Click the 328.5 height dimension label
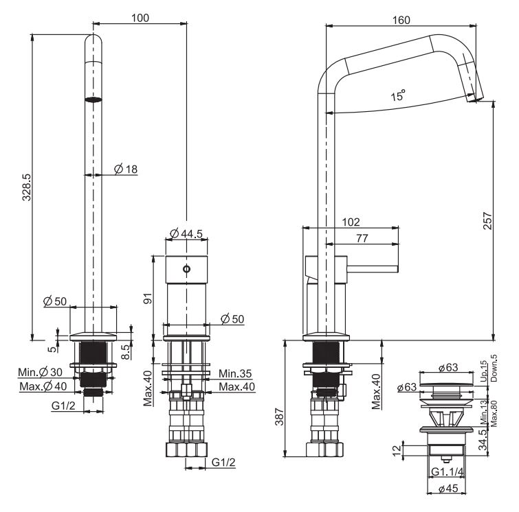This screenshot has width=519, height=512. click(x=27, y=187)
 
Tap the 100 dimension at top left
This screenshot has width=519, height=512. click(x=140, y=18)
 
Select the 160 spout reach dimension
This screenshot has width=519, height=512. click(x=401, y=20)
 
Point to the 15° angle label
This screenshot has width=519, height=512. click(x=398, y=95)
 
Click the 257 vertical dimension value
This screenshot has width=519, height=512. click(x=487, y=221)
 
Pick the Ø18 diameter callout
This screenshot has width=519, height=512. click(x=126, y=170)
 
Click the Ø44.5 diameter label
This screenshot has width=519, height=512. click(x=186, y=233)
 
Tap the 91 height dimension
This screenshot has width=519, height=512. click(x=149, y=298)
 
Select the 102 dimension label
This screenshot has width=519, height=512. click(x=351, y=222)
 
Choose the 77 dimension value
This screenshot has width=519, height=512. click(x=362, y=238)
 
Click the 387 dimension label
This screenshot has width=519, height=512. click(x=279, y=417)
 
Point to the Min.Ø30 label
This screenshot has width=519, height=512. click(x=40, y=372)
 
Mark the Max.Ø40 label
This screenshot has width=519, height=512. click(x=43, y=386)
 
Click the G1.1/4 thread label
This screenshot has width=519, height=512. click(x=448, y=472)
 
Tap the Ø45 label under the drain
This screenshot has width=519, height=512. click(x=448, y=488)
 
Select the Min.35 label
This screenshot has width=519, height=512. click(x=235, y=373)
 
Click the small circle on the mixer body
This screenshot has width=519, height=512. click(x=187, y=269)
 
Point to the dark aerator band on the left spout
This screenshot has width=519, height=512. click(x=93, y=100)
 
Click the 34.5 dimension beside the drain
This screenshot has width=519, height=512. click(x=484, y=439)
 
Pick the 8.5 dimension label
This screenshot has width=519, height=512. click(x=126, y=351)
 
